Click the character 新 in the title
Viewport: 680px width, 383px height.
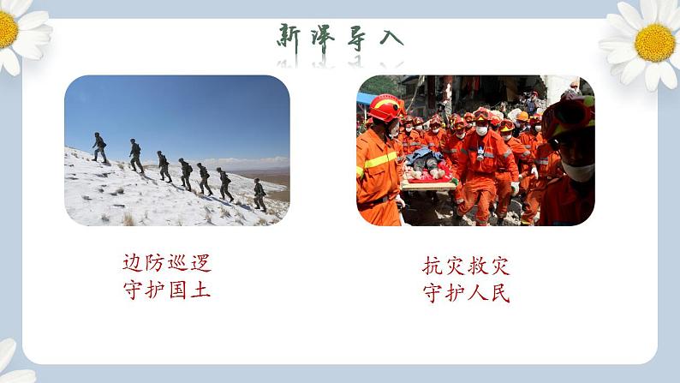289,37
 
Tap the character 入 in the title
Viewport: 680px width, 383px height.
390,37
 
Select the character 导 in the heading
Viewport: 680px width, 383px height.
357,37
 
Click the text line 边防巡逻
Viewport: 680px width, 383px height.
166,263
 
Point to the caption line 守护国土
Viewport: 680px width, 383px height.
166,290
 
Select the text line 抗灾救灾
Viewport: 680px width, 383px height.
466,266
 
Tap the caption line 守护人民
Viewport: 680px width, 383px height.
466,293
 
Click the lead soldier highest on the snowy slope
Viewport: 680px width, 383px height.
100,147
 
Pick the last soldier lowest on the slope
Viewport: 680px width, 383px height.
259,194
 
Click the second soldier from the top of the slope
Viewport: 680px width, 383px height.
135,155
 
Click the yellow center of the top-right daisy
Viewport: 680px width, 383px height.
655,42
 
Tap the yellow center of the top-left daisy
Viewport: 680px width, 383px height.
7,30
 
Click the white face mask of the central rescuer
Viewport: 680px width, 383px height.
481,131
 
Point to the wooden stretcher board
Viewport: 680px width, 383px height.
427,184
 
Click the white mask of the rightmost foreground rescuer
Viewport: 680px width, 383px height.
580,170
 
